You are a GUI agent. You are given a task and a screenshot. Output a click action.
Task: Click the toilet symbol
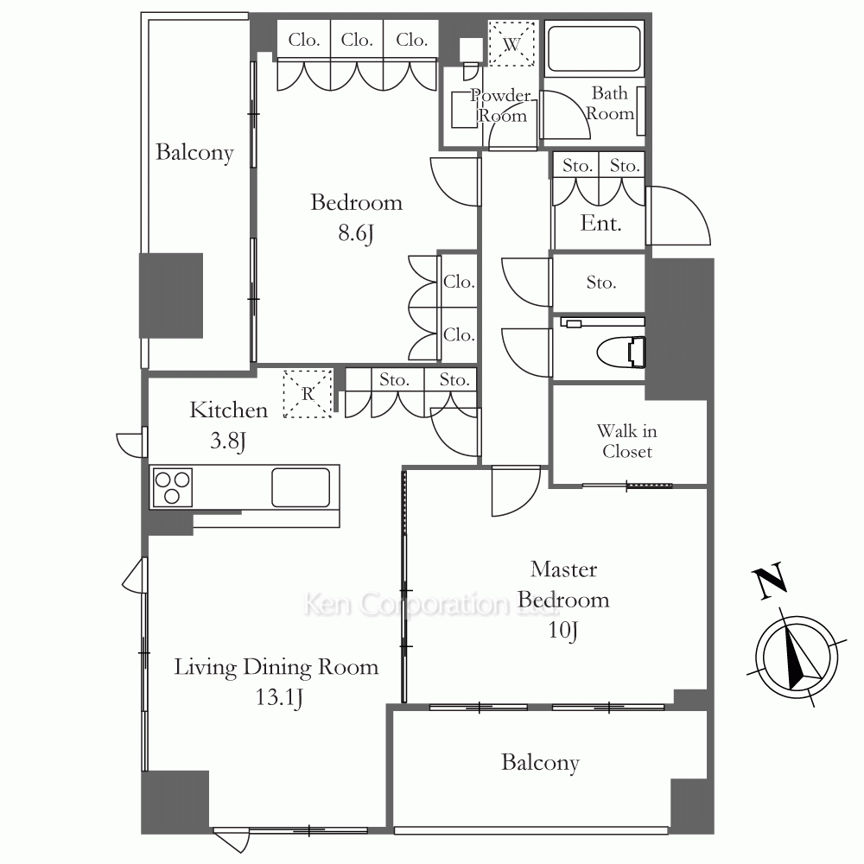click(621, 352)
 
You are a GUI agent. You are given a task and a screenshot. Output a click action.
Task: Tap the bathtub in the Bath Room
click(594, 49)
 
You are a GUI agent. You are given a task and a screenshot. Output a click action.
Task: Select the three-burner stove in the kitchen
click(172, 487)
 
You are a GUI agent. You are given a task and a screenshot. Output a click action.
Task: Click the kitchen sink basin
click(301, 487)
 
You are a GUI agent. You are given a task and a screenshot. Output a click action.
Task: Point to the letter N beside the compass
click(769, 581)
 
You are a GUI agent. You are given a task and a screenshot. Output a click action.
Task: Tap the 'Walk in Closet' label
click(627, 441)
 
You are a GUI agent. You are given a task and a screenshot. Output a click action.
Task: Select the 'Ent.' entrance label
click(600, 223)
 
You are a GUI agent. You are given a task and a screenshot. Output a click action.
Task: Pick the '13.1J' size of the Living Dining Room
click(279, 697)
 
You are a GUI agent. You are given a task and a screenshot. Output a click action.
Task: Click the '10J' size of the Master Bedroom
click(562, 629)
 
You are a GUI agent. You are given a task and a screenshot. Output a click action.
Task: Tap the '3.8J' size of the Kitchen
click(227, 441)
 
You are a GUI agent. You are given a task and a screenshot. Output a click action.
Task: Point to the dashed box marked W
click(511, 44)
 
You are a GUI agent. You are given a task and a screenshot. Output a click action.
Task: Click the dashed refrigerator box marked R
click(308, 393)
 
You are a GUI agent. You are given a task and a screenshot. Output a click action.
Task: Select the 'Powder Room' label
click(501, 105)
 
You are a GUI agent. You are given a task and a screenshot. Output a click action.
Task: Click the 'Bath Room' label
click(609, 103)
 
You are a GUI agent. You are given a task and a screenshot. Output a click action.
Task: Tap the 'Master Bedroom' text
click(563, 584)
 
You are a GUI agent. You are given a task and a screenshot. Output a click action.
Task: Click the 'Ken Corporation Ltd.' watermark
click(432, 604)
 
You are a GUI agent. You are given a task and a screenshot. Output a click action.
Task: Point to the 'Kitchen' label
click(229, 410)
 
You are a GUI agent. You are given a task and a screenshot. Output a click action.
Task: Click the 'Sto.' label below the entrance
click(600, 283)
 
